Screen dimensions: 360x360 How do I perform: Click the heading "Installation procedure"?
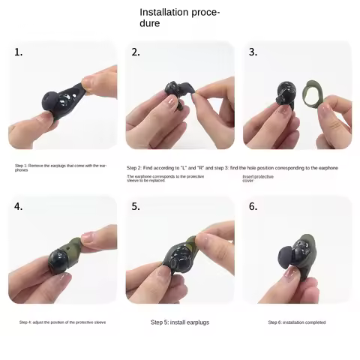coord(179,17)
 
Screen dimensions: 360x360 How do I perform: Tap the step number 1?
coord(19,52)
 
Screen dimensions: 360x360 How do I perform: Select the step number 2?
coord(136,52)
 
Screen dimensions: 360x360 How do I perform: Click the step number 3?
coord(253,52)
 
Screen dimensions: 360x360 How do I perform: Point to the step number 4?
coord(19,206)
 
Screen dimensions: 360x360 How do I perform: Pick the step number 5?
coord(136,206)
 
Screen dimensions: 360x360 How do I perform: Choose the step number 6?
coord(253,206)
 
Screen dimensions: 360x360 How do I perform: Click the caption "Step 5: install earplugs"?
coord(180,322)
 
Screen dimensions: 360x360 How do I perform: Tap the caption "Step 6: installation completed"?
coord(296,322)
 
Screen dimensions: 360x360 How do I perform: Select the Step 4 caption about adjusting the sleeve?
coord(63,322)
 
